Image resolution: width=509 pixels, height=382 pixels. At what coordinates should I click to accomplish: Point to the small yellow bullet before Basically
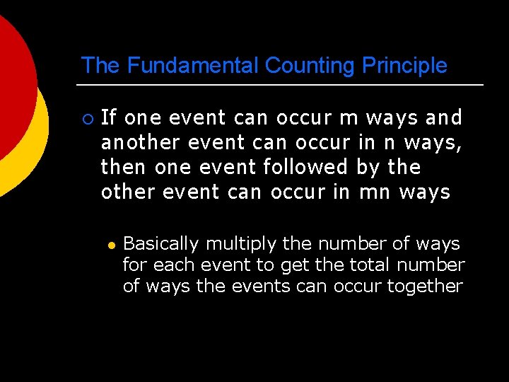[x=111, y=245]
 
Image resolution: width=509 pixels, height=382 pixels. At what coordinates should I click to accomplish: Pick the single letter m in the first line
[x=349, y=117]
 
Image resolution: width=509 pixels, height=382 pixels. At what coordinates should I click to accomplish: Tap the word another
[x=141, y=142]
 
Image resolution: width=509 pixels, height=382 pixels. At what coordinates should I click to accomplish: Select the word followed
[x=305, y=167]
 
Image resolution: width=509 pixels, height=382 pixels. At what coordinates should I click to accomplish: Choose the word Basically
[x=160, y=244]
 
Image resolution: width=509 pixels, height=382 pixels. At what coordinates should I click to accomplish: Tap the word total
[x=370, y=265]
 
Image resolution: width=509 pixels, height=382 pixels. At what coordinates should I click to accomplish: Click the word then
[x=124, y=167]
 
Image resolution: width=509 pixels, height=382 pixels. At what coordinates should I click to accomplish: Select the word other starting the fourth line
[x=129, y=192]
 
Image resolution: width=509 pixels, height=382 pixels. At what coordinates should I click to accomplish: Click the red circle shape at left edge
[x=13, y=85]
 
